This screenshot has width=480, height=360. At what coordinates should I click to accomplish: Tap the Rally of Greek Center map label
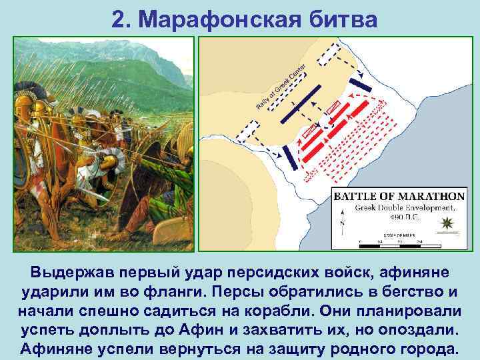(280, 87)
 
